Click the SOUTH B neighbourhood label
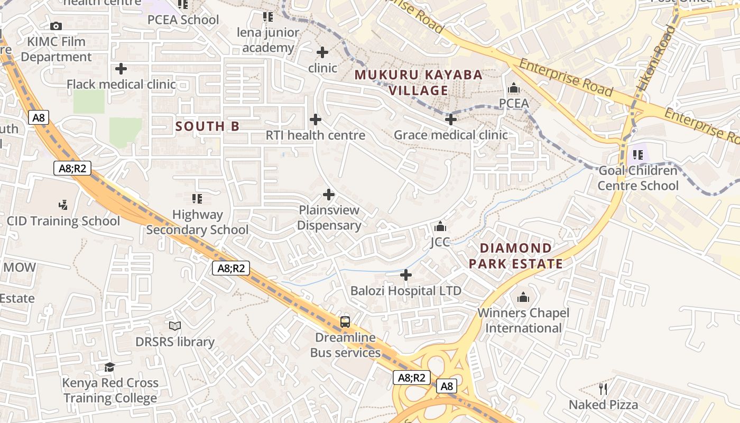click(x=207, y=126)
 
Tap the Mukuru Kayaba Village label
click(x=418, y=82)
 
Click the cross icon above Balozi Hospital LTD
click(x=406, y=275)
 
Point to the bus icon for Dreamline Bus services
click(x=345, y=321)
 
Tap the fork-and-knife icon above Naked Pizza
click(x=603, y=389)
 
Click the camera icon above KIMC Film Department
click(x=56, y=26)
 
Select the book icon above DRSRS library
click(x=175, y=326)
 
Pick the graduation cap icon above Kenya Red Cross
click(x=110, y=367)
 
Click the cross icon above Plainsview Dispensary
click(x=329, y=195)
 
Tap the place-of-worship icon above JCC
click(x=440, y=227)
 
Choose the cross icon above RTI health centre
click(x=316, y=119)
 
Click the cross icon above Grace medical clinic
click(x=451, y=119)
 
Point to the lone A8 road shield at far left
click(x=39, y=117)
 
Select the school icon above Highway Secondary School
click(x=197, y=199)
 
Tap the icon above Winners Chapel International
click(x=523, y=297)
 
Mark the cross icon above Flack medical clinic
click(x=121, y=69)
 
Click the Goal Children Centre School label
click(x=637, y=178)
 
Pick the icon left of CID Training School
click(x=63, y=205)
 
